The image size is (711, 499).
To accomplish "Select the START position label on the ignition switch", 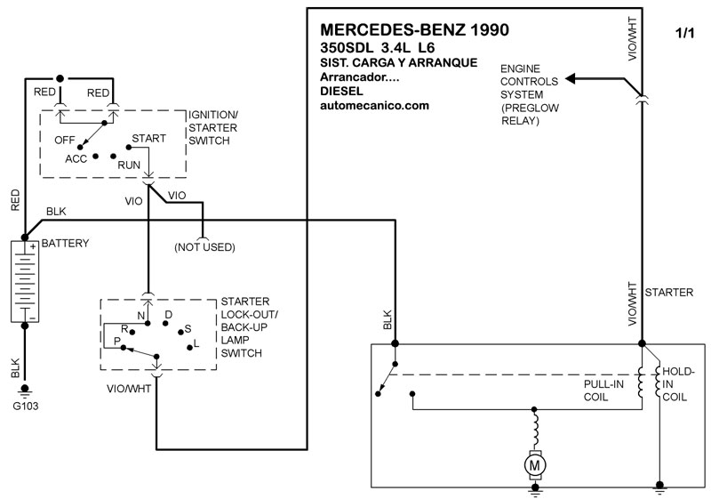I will [148, 140].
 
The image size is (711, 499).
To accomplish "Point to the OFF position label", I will [64, 140].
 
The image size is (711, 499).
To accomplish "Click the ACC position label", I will [76, 158].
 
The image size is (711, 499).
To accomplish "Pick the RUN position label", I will [129, 164].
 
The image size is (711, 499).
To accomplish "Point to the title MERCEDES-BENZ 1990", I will [413, 29].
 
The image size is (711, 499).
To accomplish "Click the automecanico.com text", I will [374, 105].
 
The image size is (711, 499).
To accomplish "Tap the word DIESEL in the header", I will [341, 91].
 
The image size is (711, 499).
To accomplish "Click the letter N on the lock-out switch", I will [140, 315].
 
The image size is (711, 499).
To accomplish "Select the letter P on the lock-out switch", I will [116, 341].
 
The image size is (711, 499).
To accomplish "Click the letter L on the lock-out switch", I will [196, 342].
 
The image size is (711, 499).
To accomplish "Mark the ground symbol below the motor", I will [534, 488].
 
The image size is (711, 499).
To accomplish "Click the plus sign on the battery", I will [32, 247].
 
